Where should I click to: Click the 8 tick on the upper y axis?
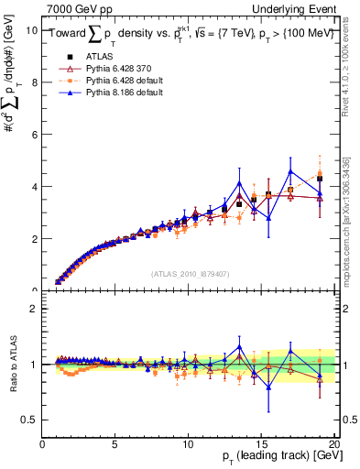point(35,82)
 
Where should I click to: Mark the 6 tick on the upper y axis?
point(35,134)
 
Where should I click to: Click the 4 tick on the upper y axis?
point(35,187)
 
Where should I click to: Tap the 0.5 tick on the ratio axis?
point(30,420)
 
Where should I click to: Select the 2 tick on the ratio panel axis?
point(35,309)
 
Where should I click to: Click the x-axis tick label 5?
point(115,445)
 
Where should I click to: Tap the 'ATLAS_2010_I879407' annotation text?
point(190,272)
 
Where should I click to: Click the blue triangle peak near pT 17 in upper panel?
point(290,171)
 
